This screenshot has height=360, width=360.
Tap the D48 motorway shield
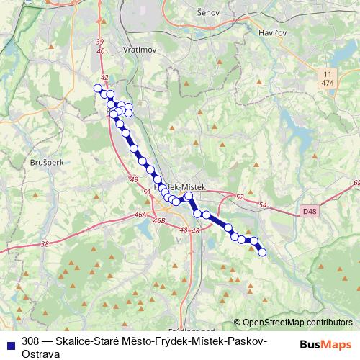pos(310,211)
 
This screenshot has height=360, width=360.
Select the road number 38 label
pos(46,245)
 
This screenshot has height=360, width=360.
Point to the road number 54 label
pos(264,206)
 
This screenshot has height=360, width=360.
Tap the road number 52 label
pos(240,196)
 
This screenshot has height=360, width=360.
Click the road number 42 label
pos(104,77)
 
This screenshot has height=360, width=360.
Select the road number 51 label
pos(148,192)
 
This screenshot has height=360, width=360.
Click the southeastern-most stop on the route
pos(262,252)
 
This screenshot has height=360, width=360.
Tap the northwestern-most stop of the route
pos(98,89)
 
